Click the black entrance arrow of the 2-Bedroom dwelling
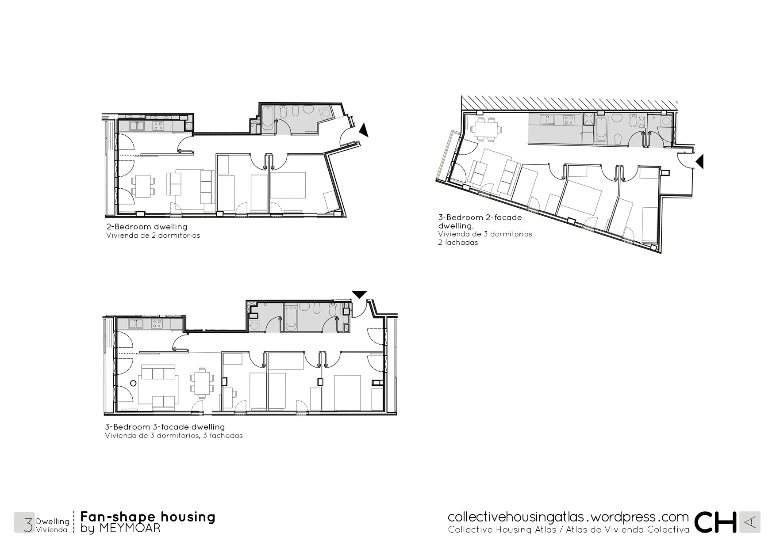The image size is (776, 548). click(x=364, y=130)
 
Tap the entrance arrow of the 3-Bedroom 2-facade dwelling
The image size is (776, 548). click(x=699, y=162)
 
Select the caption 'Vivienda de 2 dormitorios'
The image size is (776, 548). click(x=153, y=236)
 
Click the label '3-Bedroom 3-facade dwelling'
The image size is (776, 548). click(x=165, y=427)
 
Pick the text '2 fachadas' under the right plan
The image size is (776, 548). click(x=458, y=243)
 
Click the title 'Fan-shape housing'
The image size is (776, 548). click(x=148, y=517)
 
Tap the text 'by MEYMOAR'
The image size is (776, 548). click(x=120, y=528)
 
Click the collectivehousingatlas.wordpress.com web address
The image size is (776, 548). click(x=568, y=517)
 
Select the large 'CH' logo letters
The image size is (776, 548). click(x=715, y=522)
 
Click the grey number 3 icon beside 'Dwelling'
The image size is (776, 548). click(x=24, y=522)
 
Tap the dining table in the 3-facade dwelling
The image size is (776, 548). click(x=202, y=383)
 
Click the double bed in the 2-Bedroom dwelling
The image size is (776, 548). click(x=288, y=185)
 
